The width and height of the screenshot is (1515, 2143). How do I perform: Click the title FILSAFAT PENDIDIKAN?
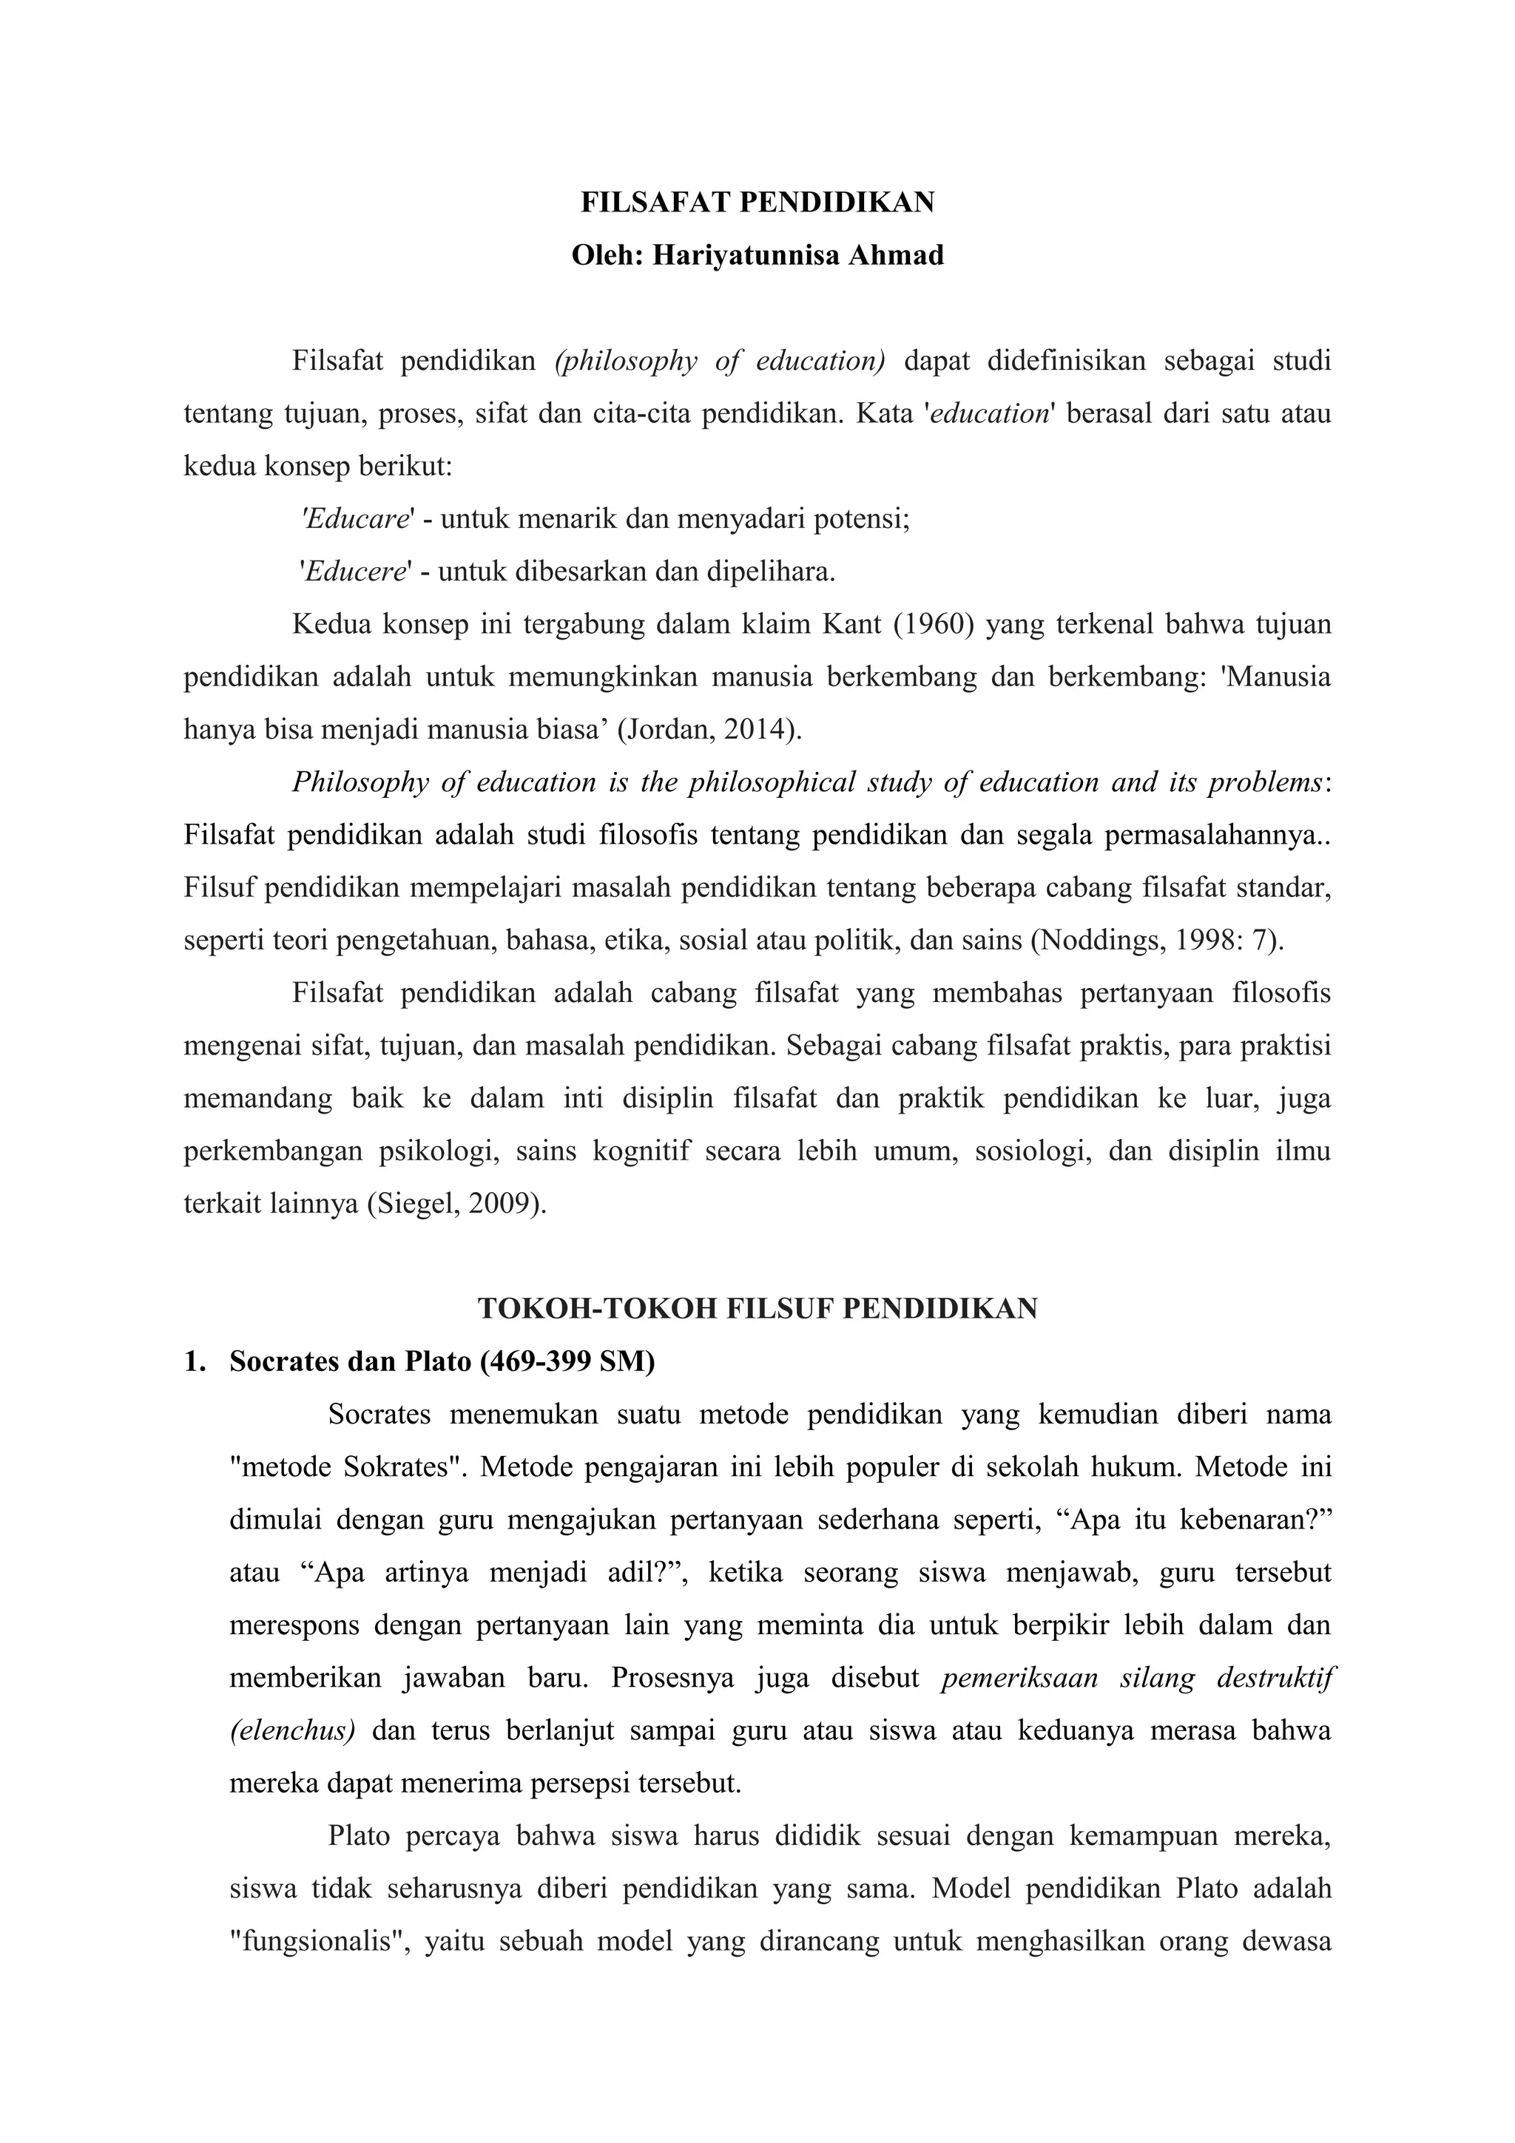pos(757,203)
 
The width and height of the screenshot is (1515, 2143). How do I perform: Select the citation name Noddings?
pos(1090,940)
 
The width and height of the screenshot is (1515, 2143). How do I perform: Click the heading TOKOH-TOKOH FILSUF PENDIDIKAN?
pos(757,1309)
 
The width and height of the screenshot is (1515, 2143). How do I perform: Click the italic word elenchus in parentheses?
pos(292,1730)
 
